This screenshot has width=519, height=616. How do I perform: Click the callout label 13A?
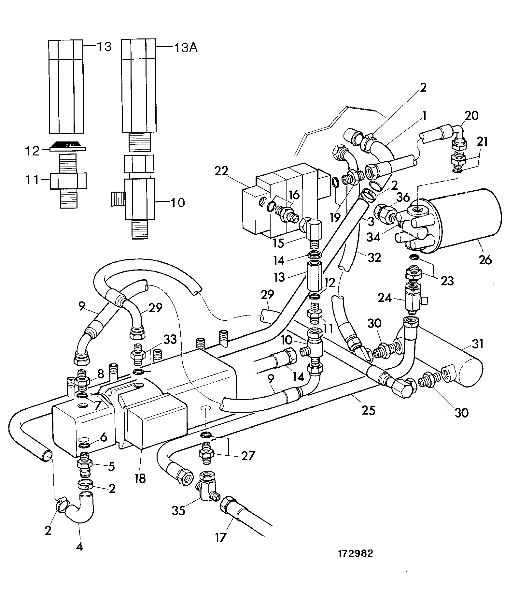(x=186, y=48)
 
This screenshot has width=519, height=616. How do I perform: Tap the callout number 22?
(x=222, y=171)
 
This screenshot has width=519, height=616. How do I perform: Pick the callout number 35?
(x=178, y=510)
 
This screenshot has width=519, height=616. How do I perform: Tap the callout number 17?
(x=220, y=537)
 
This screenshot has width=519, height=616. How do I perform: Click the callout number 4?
(x=79, y=546)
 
